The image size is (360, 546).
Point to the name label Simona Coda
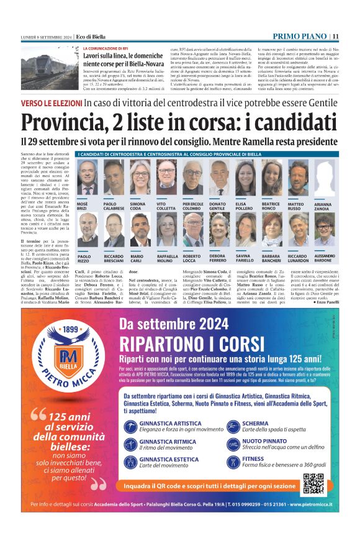click(x=138, y=206)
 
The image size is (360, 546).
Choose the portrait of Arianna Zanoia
click(x=323, y=179)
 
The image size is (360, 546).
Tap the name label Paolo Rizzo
click(x=83, y=257)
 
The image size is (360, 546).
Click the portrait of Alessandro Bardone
click(x=323, y=230)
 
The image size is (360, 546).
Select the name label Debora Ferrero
click(x=217, y=257)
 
